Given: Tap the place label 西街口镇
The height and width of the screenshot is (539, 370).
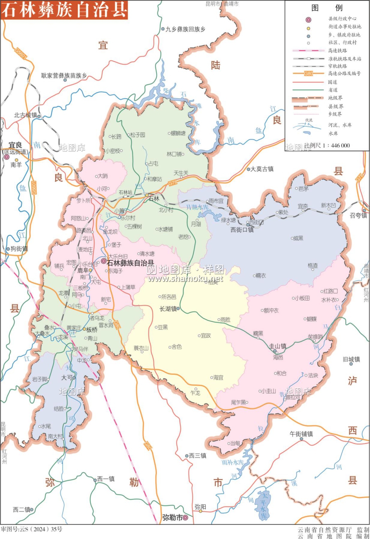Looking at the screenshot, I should tap(242, 230).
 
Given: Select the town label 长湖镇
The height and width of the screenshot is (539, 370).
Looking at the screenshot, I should tap(168, 309).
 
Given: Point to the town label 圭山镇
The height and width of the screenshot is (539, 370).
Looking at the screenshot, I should tap(278, 346).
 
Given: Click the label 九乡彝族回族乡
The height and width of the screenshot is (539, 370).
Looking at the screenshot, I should tap(185, 29).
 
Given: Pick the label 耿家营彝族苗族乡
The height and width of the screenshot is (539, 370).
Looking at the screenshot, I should tap(64, 75).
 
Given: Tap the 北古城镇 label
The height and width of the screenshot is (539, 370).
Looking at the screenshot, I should tap(26, 115).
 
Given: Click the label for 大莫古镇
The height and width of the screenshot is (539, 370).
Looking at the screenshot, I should tap(262, 169).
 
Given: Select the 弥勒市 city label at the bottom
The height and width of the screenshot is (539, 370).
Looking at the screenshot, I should tap(172, 517).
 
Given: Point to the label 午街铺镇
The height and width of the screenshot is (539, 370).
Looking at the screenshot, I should tap(301, 434).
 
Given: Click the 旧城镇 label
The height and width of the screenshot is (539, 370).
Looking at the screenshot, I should tap(351, 359).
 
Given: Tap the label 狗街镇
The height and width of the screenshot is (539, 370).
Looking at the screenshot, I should tap(19, 249).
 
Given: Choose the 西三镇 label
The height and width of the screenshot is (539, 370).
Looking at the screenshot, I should tap(198, 456).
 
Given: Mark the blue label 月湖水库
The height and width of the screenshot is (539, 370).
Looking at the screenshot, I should tap(197, 207).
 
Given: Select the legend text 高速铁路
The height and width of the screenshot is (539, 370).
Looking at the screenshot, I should tap(337, 51).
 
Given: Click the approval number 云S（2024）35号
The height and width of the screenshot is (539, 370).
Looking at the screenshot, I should tap(31, 529).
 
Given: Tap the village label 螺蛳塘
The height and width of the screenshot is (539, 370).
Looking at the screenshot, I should tap(178, 133).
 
